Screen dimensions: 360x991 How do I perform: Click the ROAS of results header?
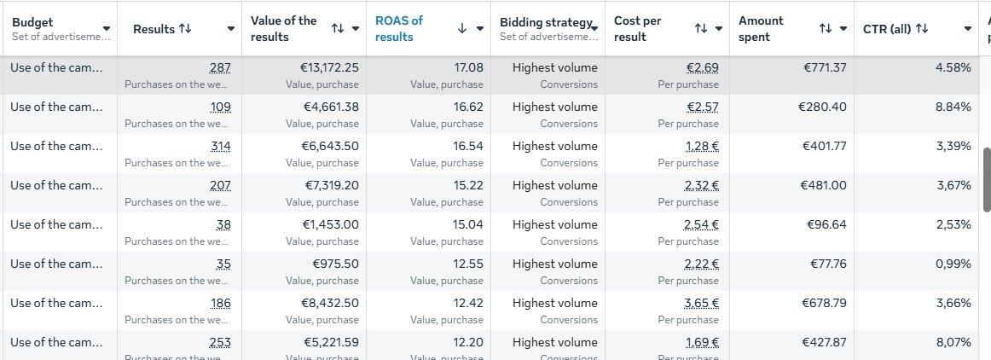(x=399, y=28)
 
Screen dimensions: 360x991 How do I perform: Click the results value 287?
(x=220, y=67)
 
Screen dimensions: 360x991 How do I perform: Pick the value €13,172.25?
(x=331, y=67)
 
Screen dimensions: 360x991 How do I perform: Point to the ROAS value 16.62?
(x=468, y=107)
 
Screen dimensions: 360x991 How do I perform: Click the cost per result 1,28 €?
(x=702, y=146)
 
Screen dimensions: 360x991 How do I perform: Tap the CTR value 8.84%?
(x=953, y=107)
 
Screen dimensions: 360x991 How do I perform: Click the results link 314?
(x=220, y=146)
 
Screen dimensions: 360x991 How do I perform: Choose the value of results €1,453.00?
(x=331, y=224)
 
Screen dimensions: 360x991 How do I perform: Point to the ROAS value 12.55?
(x=468, y=264)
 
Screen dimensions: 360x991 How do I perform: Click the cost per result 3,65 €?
(x=702, y=303)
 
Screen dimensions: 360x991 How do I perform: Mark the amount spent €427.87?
(x=824, y=342)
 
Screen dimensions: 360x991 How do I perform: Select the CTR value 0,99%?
(x=953, y=264)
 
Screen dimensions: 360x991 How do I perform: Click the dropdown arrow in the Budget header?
(x=106, y=29)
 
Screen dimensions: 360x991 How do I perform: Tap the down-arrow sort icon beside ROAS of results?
(x=462, y=28)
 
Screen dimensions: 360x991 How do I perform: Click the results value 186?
(x=220, y=303)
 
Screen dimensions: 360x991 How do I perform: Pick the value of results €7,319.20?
(x=332, y=185)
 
